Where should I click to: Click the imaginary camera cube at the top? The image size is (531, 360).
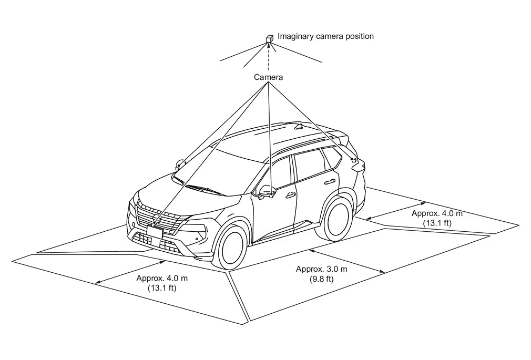point(269,38)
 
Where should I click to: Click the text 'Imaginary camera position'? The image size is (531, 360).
point(325,36)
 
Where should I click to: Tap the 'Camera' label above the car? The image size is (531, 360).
point(269,77)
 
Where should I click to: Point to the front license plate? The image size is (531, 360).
point(155,232)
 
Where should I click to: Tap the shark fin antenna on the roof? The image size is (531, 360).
point(300,126)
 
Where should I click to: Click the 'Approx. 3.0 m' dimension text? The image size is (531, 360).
point(321,269)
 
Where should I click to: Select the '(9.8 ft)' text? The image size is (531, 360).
point(321,279)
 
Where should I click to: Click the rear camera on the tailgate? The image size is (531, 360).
point(354,159)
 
